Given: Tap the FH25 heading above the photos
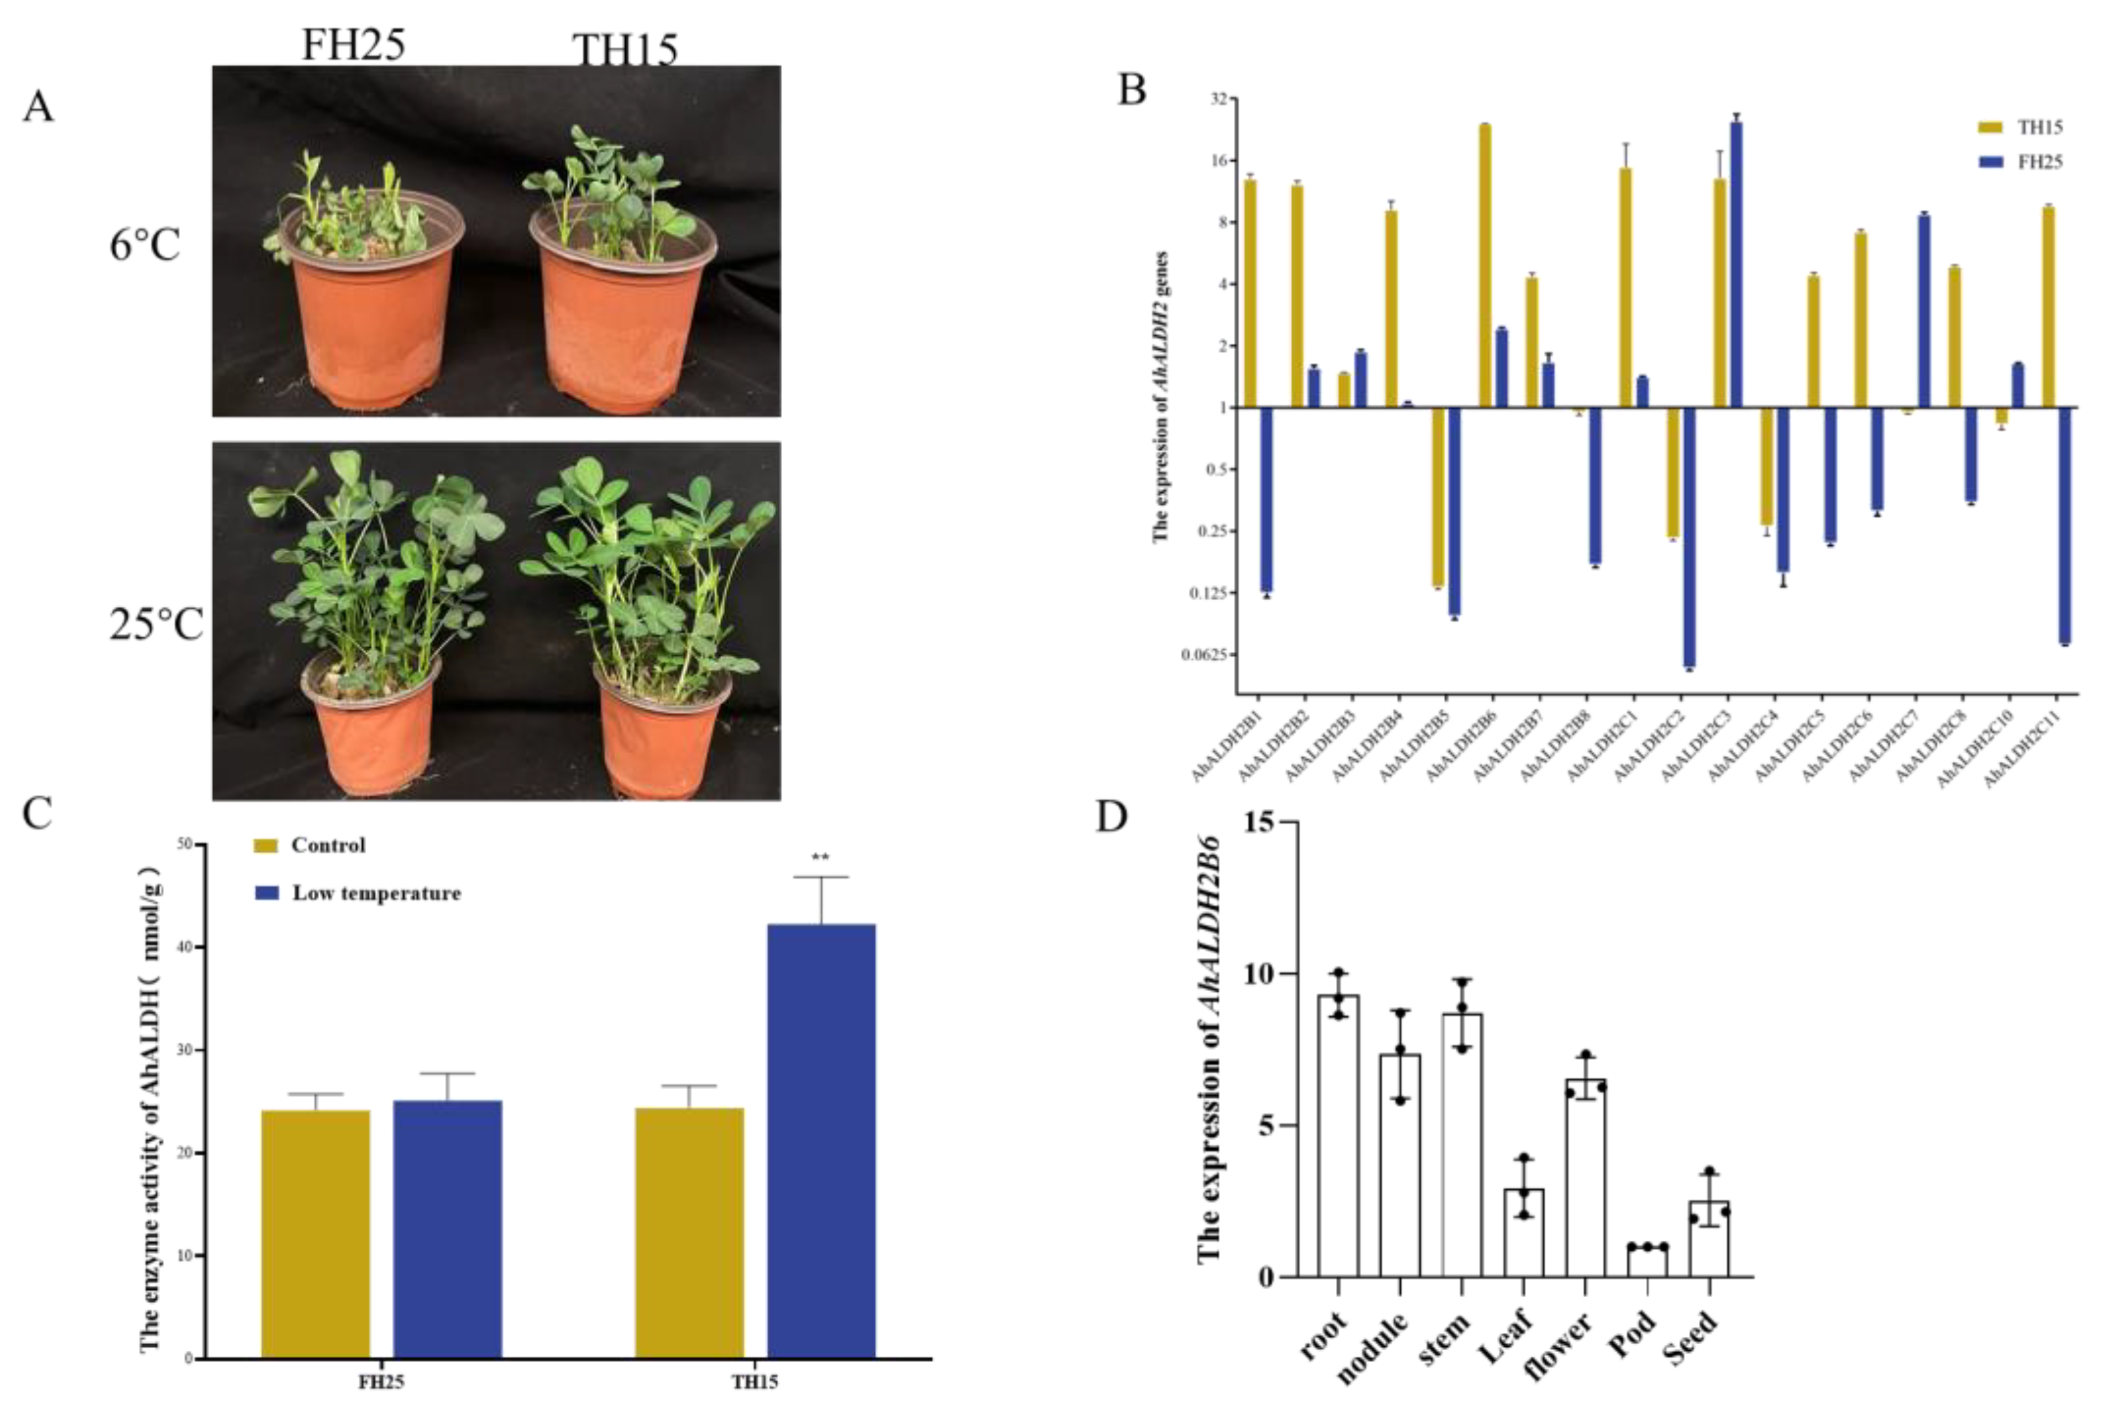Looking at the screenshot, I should (x=352, y=45).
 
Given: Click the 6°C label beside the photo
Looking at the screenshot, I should (x=145, y=245).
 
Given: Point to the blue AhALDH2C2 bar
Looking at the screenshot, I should (x=1689, y=538).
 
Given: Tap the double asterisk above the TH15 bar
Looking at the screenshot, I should (x=820, y=858).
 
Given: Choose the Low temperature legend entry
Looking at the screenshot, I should (x=359, y=894).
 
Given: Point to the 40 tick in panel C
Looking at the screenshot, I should (x=182, y=947).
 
